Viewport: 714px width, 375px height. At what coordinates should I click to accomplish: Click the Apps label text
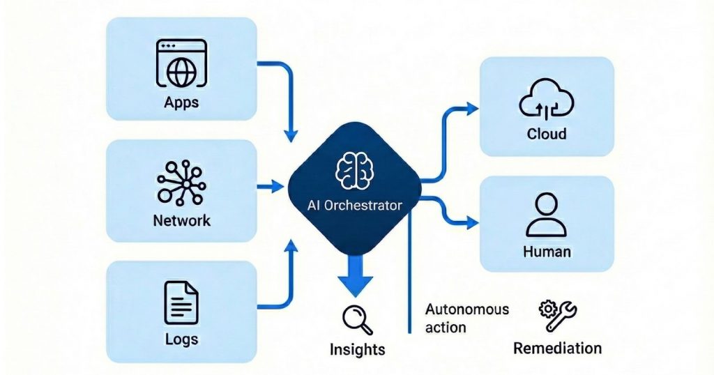[181, 102]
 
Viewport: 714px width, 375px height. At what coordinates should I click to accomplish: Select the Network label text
[181, 221]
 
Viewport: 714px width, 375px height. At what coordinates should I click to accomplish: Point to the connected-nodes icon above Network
[181, 183]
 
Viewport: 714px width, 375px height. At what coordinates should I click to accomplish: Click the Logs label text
[181, 339]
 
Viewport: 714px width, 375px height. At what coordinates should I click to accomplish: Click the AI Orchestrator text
[356, 206]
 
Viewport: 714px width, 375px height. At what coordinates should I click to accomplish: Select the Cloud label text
[547, 133]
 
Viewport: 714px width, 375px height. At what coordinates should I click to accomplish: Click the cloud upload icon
[547, 100]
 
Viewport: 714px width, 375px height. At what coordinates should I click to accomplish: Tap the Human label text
[547, 252]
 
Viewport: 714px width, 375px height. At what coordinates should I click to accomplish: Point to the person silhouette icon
[547, 215]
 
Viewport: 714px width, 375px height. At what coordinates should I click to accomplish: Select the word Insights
[356, 349]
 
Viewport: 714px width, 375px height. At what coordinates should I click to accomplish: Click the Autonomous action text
[467, 318]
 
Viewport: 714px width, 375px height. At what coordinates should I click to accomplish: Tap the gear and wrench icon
[557, 316]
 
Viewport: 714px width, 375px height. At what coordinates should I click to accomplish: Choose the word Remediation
[557, 348]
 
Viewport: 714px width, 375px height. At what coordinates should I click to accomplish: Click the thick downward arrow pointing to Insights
[356, 275]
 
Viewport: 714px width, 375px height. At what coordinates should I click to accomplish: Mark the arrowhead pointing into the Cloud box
[473, 108]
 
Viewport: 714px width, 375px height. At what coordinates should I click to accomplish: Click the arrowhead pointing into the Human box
[473, 222]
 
